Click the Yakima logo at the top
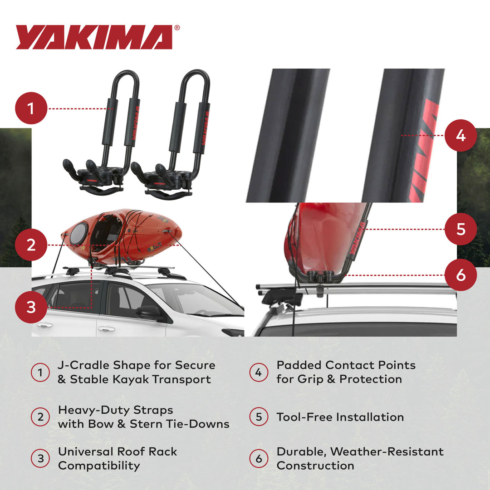tap(94, 37)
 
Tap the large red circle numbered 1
tap(31, 109)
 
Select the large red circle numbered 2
tap(31, 245)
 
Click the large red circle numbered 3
tap(31, 307)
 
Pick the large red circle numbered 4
tap(461, 135)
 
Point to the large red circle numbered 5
tap(461, 229)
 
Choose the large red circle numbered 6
tap(461, 275)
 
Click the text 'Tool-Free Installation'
tap(340, 417)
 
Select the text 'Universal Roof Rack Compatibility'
tap(117, 458)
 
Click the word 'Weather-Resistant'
tap(387, 452)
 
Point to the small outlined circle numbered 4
tap(259, 372)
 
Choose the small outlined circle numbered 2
tap(40, 417)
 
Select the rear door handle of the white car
tap(44, 325)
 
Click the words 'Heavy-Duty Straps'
tap(115, 410)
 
